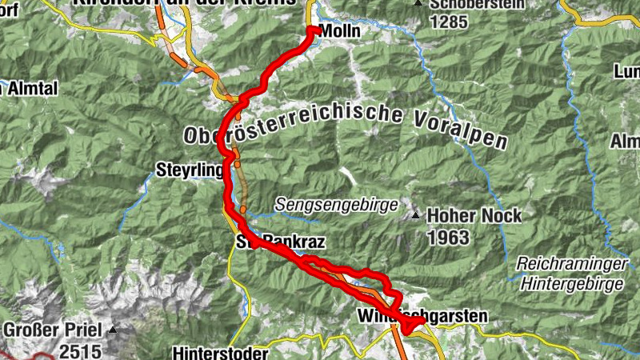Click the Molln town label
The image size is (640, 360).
click(340, 31)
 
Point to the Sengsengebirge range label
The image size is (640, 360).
click(336, 205)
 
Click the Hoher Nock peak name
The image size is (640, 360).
click(474, 216)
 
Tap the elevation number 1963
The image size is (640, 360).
click(447, 238)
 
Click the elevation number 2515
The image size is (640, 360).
click(79, 350)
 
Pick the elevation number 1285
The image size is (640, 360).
click(448, 22)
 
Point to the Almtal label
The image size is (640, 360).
click(30, 88)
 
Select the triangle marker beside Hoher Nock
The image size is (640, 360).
click(416, 216)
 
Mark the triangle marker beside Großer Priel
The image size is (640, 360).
click(114, 329)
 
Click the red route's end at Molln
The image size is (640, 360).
click(312, 31)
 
